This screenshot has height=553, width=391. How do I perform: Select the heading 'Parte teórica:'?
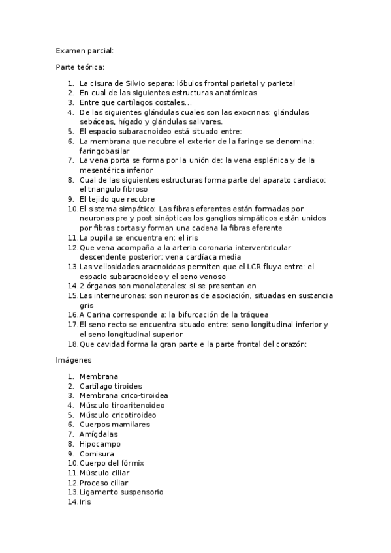80,67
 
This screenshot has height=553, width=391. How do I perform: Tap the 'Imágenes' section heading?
74,360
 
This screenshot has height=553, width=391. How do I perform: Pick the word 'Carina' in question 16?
99,315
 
